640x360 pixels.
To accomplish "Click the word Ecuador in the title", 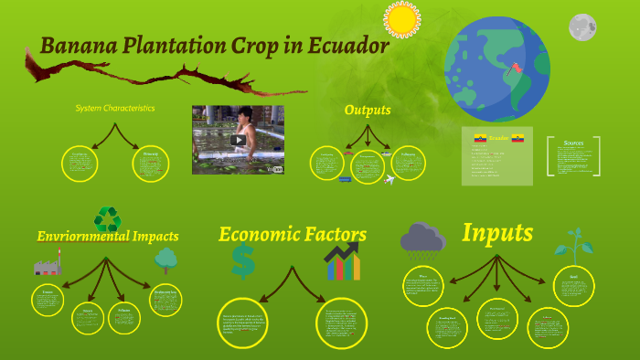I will pos(346,45).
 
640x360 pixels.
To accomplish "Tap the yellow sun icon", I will pos(401,19).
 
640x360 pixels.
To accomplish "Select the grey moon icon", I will pos(582,27).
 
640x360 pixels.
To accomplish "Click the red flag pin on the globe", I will pos(518,67).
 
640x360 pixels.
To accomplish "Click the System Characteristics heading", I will pos(115,108).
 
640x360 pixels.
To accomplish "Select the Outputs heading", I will pos(368,110).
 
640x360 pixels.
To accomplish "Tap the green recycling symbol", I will pos(107,219).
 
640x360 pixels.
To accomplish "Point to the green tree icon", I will pos(165,260).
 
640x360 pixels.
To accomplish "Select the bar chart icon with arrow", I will pos(343,262).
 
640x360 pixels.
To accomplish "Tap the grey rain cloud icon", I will pos(421,240).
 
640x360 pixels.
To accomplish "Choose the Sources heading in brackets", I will pos(573,143).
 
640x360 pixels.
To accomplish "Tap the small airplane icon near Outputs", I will pos(390,180).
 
